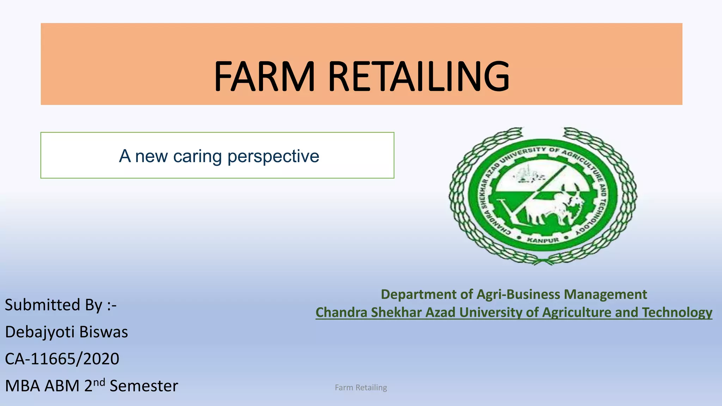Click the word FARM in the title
[264, 76]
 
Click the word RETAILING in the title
[419, 76]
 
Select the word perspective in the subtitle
[273, 156]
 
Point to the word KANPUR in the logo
[543, 240]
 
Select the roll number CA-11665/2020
[62, 359]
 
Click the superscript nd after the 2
[99, 382]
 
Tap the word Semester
[144, 386]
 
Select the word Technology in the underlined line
[677, 312]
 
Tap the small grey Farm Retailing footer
[361, 388]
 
